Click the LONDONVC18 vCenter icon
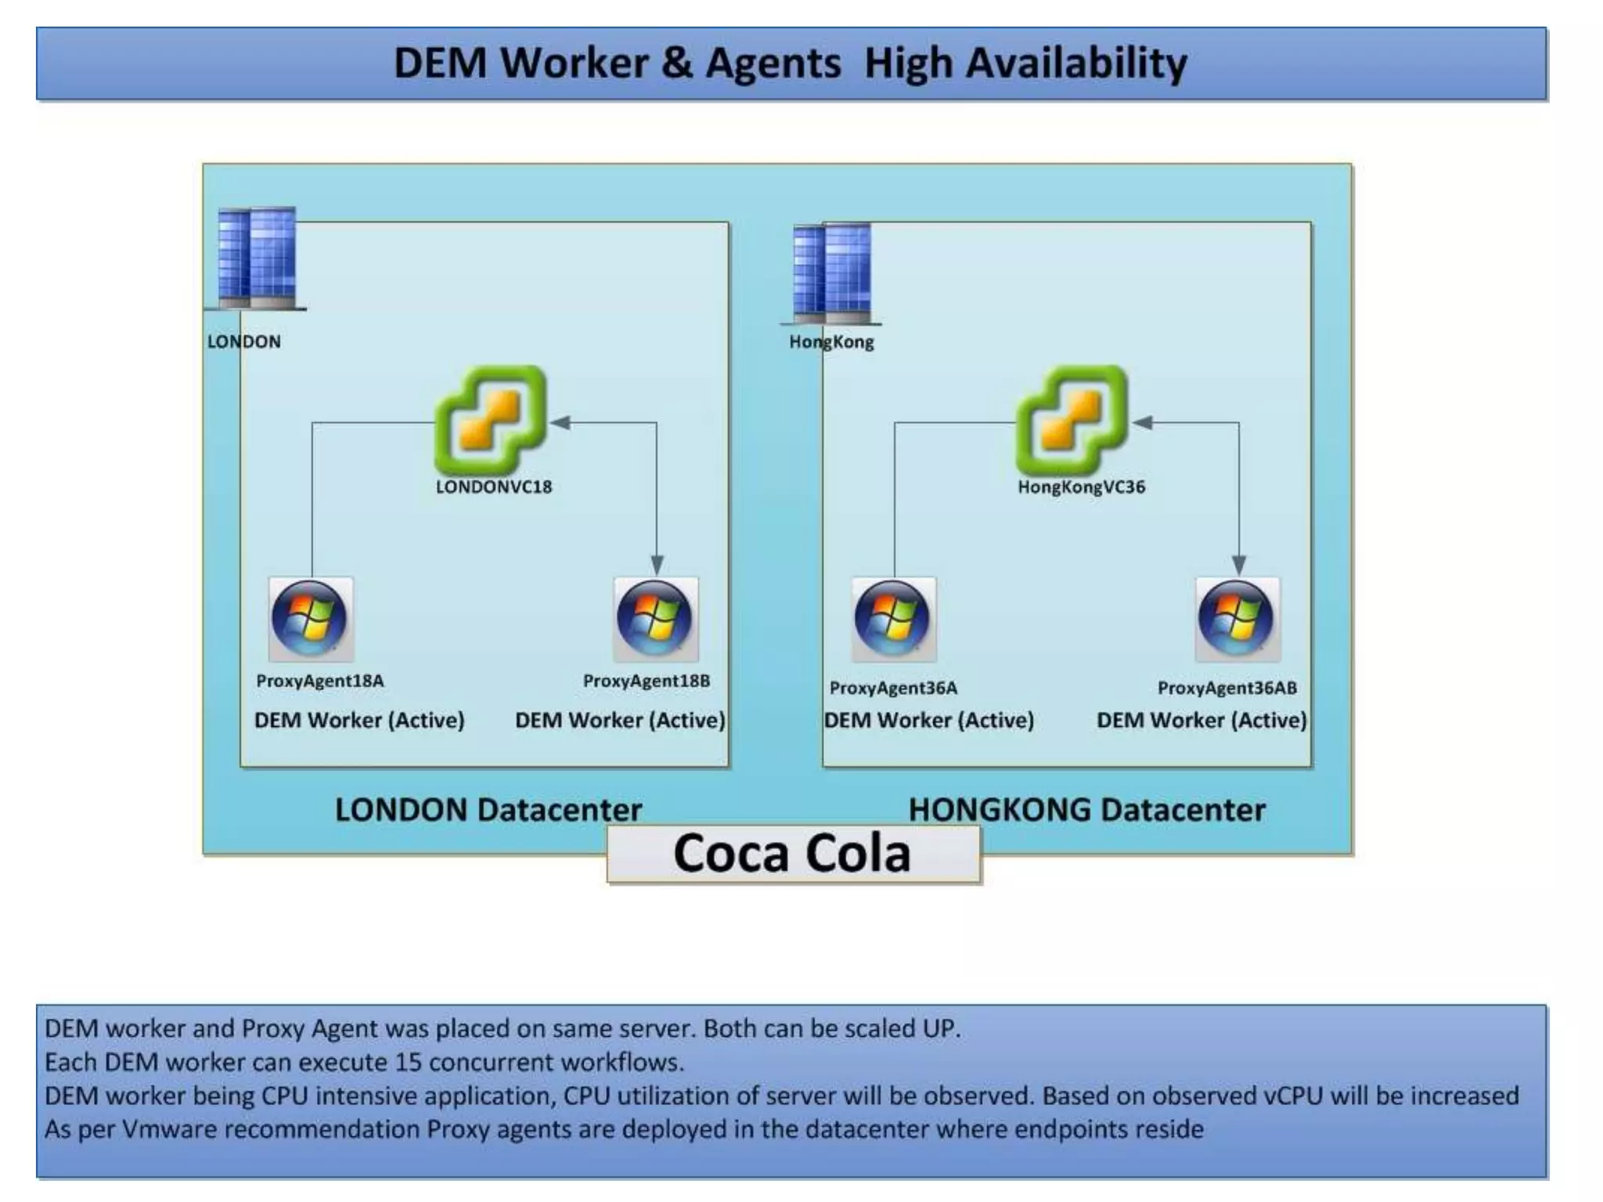click(491, 419)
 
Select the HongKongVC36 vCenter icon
click(1072, 419)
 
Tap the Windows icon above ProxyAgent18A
click(311, 619)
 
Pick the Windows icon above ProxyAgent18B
click(656, 619)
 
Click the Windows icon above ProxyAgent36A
click(894, 619)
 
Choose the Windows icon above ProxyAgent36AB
click(1237, 619)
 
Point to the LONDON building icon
click(257, 258)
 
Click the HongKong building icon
click(831, 274)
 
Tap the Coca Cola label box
click(793, 854)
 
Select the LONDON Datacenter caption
click(488, 810)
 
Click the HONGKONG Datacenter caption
click(1086, 810)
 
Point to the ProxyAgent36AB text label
click(1227, 688)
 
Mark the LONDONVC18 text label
click(494, 487)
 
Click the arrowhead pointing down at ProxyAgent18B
click(657, 565)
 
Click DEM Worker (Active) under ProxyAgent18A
click(359, 720)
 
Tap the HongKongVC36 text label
click(1081, 487)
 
